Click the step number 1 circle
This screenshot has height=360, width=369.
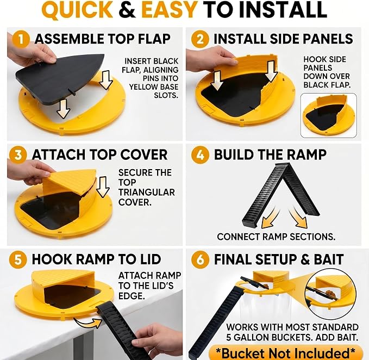click(21, 39)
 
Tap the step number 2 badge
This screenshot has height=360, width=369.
click(200, 39)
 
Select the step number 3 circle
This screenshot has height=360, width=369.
click(18, 155)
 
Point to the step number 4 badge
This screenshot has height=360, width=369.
click(200, 155)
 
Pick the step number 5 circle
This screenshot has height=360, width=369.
click(18, 260)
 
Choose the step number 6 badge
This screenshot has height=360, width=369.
click(200, 260)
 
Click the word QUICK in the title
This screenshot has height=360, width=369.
click(77, 10)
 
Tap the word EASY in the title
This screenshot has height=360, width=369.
click(169, 9)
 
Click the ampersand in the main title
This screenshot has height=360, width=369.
click(127, 9)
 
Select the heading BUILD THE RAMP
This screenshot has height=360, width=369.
click(270, 154)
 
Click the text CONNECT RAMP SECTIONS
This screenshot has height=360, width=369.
click(276, 237)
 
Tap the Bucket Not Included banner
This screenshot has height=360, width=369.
click(285, 353)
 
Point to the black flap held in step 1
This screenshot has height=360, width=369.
click(60, 75)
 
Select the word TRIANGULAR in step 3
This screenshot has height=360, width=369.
click(147, 193)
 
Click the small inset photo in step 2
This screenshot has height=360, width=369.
click(329, 115)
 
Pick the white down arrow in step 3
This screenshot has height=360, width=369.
click(103, 187)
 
